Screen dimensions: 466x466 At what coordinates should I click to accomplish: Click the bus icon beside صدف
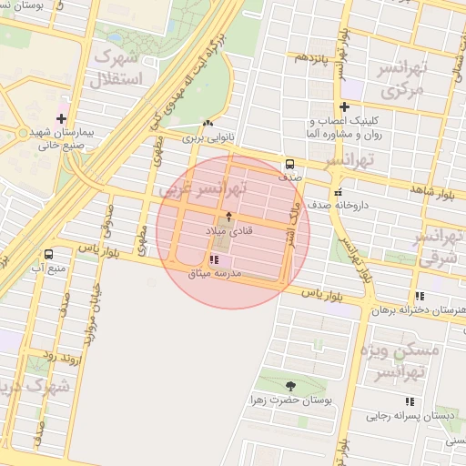pyautogui.click(x=289, y=165)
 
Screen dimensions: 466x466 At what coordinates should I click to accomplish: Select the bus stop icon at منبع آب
pyautogui.click(x=47, y=255)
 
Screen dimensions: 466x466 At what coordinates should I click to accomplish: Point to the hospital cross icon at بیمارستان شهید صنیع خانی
pyautogui.click(x=61, y=118)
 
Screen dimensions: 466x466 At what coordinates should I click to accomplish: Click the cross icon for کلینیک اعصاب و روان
pyautogui.click(x=345, y=107)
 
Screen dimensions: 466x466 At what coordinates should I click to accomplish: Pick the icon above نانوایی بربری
pyautogui.click(x=208, y=125)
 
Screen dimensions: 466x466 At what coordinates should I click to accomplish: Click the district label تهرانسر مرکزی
pyautogui.click(x=398, y=80)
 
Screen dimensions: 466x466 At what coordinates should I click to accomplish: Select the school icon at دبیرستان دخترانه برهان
pyautogui.click(x=420, y=296)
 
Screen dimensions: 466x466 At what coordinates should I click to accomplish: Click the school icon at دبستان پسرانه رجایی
pyautogui.click(x=410, y=400)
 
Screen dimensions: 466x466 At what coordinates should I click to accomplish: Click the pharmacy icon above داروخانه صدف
pyautogui.click(x=339, y=192)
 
